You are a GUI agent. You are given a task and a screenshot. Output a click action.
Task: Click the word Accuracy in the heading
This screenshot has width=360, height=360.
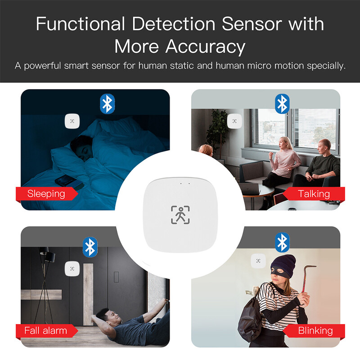205,46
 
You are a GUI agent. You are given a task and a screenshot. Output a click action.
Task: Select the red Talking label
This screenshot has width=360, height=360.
314,194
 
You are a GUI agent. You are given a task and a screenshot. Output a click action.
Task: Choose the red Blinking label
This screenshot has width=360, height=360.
315,331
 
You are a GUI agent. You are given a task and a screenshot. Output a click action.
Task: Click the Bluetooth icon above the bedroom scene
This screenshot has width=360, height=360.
107,104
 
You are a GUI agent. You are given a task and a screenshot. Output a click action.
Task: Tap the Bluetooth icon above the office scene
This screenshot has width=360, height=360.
282,104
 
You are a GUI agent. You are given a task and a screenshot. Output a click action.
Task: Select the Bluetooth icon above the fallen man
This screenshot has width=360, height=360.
89,246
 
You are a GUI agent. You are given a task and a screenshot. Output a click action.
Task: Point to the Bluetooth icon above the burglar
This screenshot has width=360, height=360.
282,243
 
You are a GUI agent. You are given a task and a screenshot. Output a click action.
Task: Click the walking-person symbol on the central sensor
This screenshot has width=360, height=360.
180,215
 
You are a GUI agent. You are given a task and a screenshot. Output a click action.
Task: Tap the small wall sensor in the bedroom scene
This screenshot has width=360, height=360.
72,121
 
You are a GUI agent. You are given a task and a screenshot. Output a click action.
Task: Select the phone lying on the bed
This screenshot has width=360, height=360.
67,180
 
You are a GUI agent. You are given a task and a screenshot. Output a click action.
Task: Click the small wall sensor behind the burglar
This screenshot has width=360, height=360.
258,260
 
